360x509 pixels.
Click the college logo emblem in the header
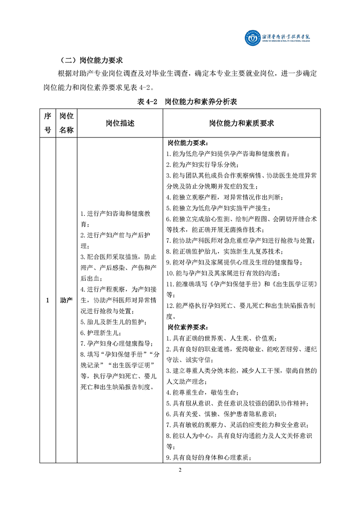pyautogui.click(x=252, y=39)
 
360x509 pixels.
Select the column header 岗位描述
pyautogui.click(x=120, y=123)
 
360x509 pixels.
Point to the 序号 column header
pyautogui.click(x=47, y=123)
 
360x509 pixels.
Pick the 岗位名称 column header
pyautogui.click(x=66, y=123)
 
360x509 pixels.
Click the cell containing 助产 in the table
pyautogui.click(x=66, y=300)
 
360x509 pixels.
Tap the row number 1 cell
pyautogui.click(x=47, y=300)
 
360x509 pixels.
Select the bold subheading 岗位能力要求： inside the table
pyautogui.click(x=186, y=143)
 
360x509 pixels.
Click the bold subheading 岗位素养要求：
pyautogui.click(x=186, y=327)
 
